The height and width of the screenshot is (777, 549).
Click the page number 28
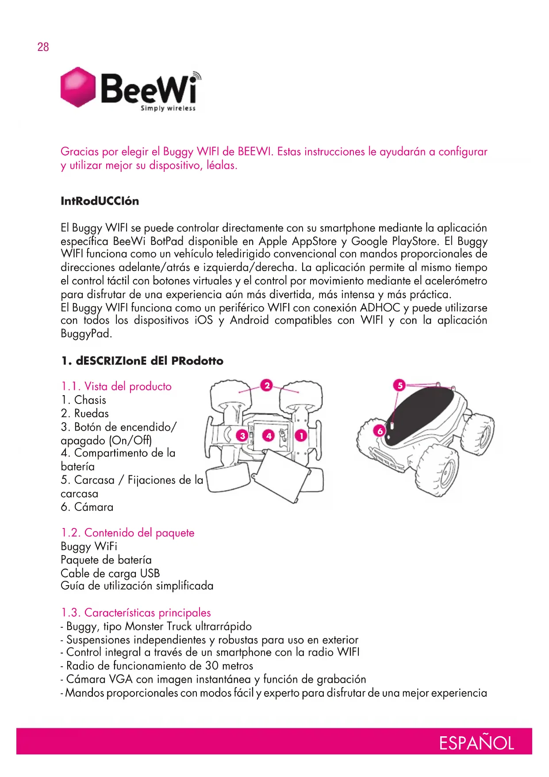coord(43,47)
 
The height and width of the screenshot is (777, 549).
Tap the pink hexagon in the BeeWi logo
coord(78,87)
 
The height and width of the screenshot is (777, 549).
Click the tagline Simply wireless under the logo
coord(168,108)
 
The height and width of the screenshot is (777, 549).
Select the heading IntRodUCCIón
coord(100,201)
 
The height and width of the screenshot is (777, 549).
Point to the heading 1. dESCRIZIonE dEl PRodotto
coord(142,361)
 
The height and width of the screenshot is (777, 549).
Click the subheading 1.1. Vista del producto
coord(116,386)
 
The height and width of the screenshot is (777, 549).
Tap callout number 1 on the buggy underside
coord(301,436)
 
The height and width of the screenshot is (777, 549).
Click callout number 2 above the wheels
coord(267,385)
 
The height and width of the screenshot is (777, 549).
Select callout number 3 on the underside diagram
coord(242,436)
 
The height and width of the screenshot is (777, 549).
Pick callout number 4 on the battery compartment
coord(269,436)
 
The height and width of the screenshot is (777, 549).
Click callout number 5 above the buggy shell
coord(399,385)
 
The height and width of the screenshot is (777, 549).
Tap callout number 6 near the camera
coord(380,431)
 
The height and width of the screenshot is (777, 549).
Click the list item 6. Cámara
coord(87,507)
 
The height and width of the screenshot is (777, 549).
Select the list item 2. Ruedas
coord(84,413)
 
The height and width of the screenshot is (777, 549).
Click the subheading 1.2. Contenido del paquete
coord(127,532)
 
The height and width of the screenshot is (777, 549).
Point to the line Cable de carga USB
coord(110,573)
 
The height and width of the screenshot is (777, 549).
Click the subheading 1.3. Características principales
coord(136,613)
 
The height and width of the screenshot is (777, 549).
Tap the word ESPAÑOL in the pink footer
coord(476,743)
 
